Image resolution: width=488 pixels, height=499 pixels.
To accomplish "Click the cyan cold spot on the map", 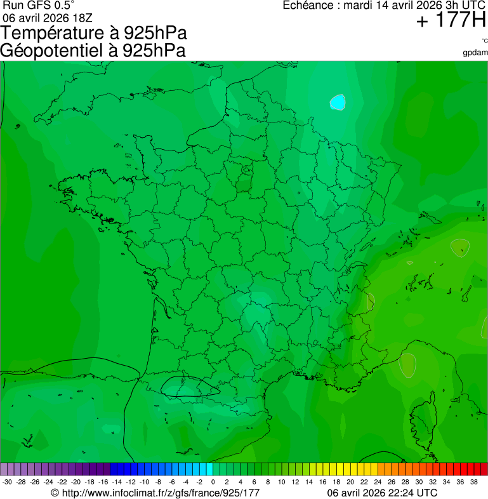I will pyautogui.click(x=338, y=102).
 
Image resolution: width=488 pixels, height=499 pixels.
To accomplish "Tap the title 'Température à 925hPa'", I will pyautogui.click(x=94, y=34).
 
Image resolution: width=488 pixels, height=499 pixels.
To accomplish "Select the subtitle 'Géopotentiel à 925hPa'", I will pyautogui.click(x=93, y=51).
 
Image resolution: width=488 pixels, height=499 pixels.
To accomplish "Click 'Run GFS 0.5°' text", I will pyautogui.click(x=39, y=6).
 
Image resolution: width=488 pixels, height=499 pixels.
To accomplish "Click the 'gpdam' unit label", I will pyautogui.click(x=475, y=52).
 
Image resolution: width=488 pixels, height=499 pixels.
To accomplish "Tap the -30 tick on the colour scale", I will pyautogui.click(x=8, y=482).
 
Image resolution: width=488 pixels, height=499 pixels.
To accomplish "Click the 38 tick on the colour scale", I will pyautogui.click(x=473, y=482).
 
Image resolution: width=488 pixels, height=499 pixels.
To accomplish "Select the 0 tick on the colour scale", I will pyautogui.click(x=213, y=482).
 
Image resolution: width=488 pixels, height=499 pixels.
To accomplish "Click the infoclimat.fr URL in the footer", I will pyautogui.click(x=155, y=493).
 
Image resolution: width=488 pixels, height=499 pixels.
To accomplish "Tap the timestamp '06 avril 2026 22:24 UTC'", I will pyautogui.click(x=382, y=493).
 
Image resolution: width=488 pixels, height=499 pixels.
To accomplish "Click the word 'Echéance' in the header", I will pyautogui.click(x=307, y=6).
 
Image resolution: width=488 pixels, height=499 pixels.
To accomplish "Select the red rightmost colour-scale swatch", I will pyautogui.click(x=484, y=469).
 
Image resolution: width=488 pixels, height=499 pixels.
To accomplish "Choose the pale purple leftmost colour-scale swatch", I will pyautogui.click(x=4, y=469).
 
